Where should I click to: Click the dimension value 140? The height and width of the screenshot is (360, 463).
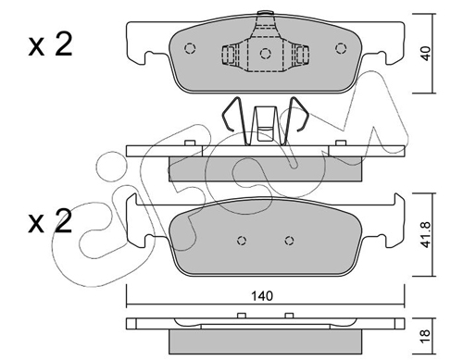pyautogui.click(x=262, y=296)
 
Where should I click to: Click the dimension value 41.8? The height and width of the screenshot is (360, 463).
pyautogui.click(x=426, y=234)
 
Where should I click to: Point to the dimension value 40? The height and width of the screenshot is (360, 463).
pyautogui.click(x=426, y=53)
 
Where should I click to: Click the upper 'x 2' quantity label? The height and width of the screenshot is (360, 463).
pyautogui.click(x=50, y=44)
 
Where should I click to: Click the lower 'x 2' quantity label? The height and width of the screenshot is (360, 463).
pyautogui.click(x=50, y=220)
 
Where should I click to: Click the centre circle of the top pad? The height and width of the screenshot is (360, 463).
pyautogui.click(x=265, y=54)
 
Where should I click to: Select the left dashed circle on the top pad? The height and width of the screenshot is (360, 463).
pyautogui.click(x=190, y=48)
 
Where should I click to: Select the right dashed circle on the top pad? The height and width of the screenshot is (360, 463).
pyautogui.click(x=341, y=48)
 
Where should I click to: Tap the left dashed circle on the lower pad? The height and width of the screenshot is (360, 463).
pyautogui.click(x=242, y=241)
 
